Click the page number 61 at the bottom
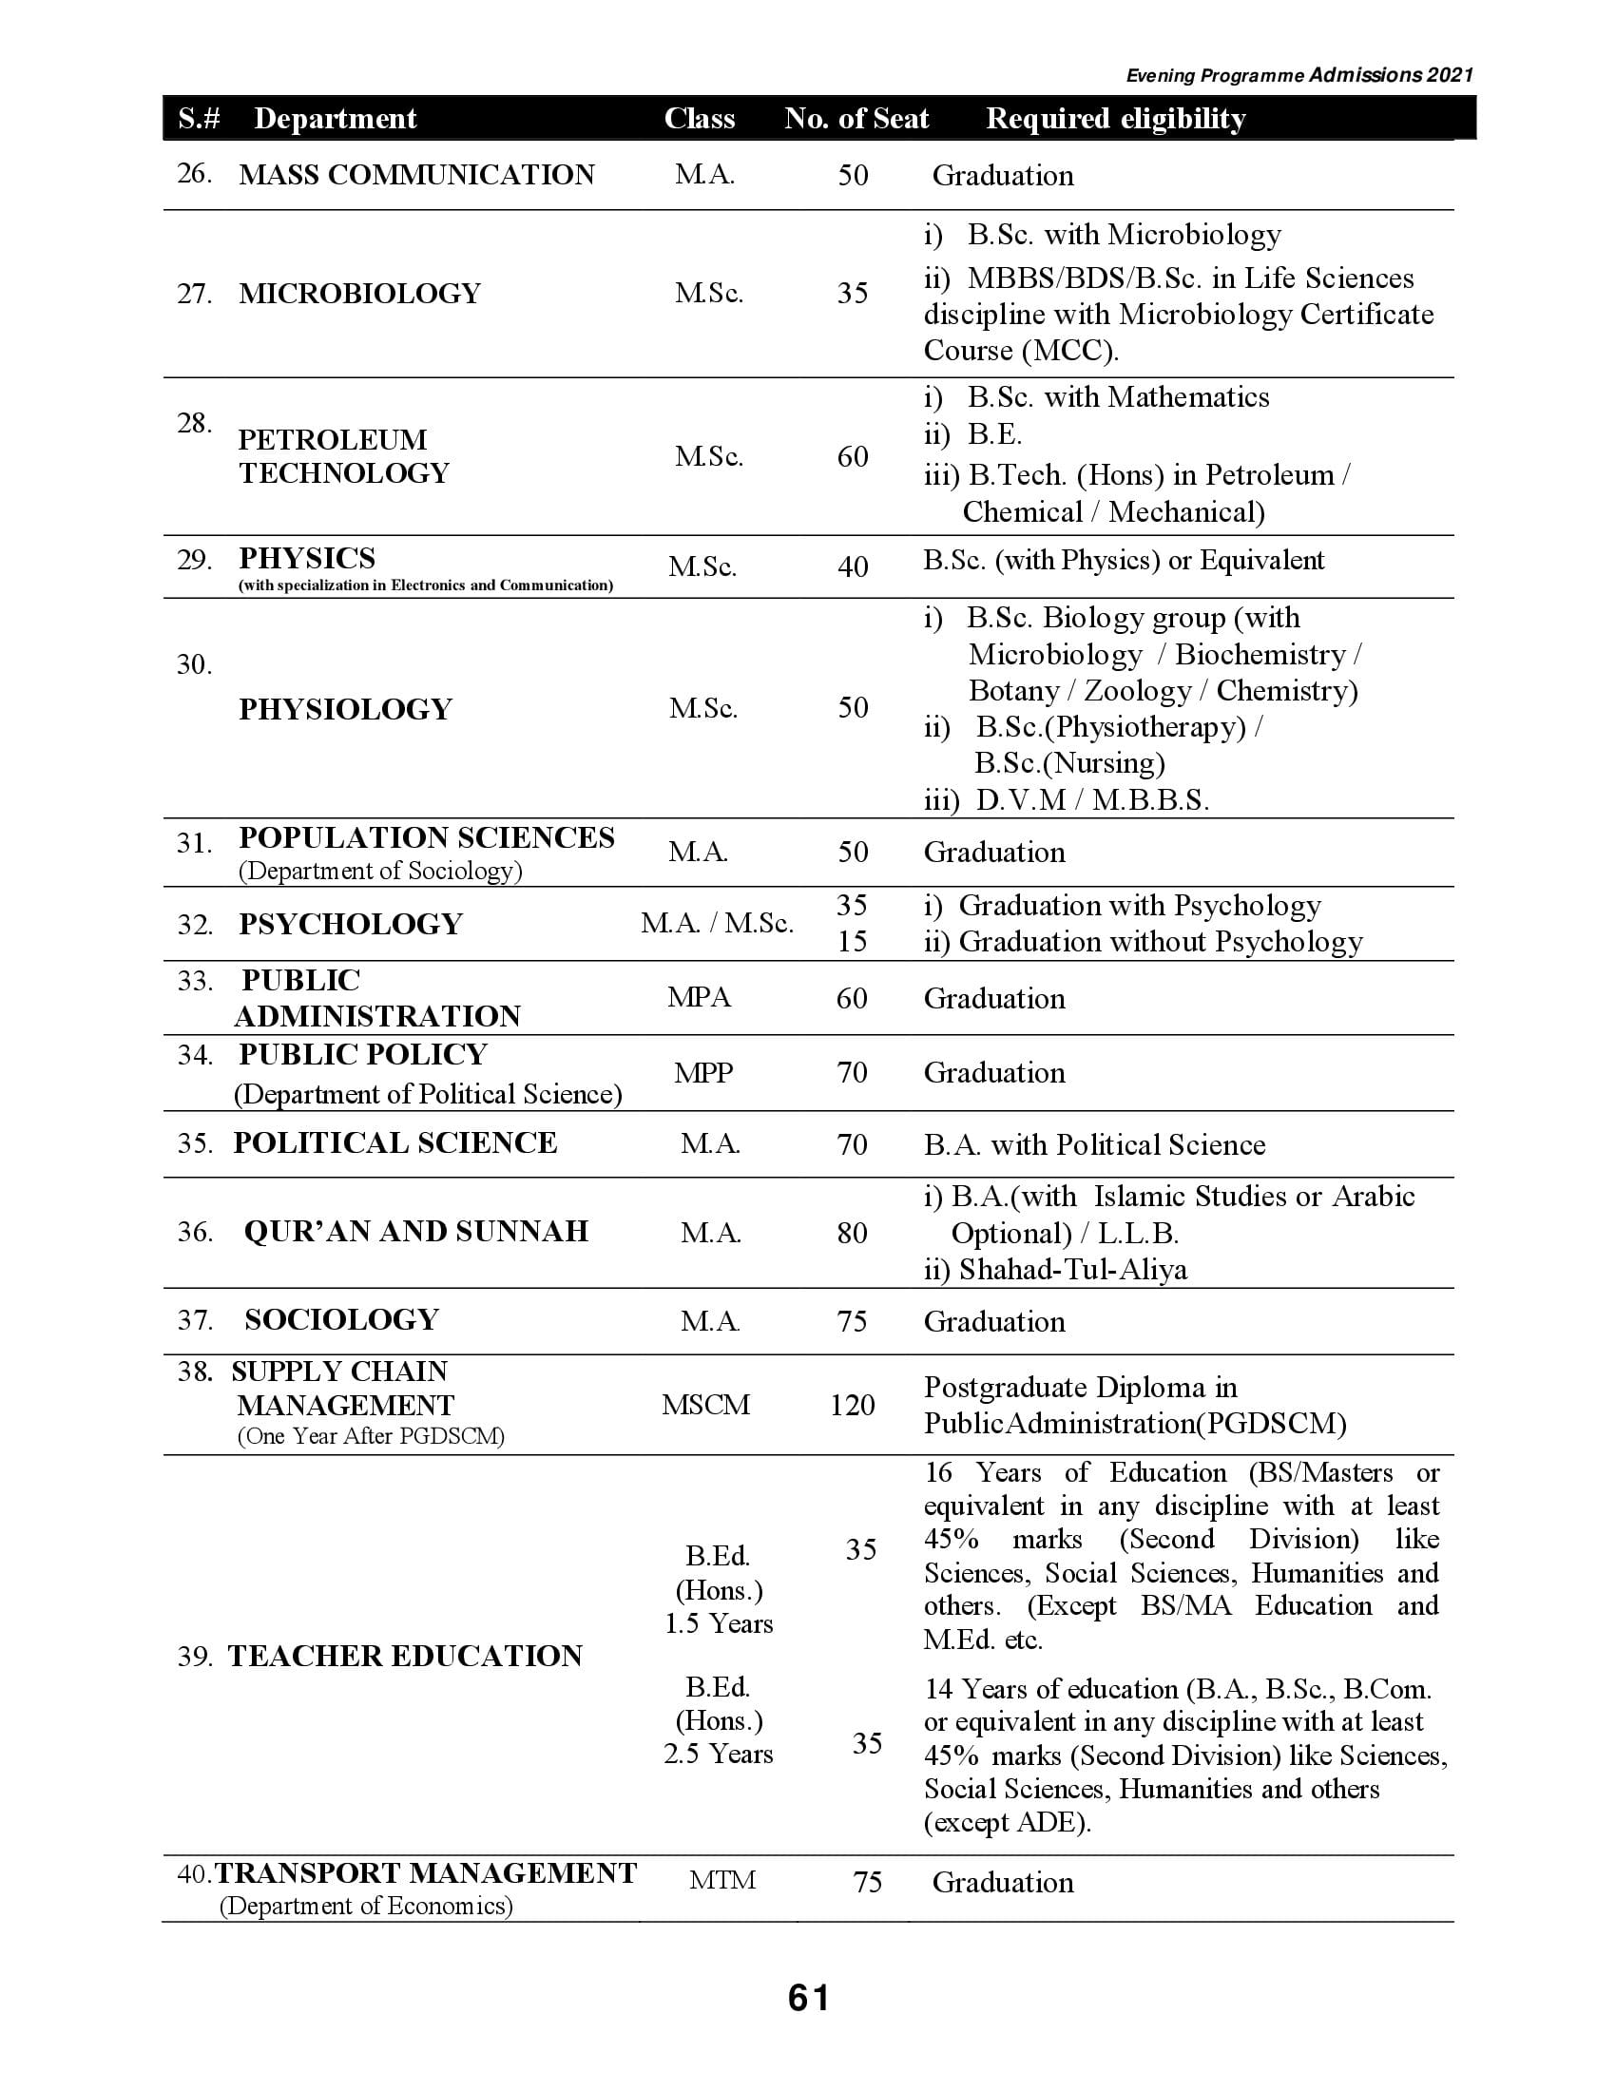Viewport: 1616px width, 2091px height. pos(809,1998)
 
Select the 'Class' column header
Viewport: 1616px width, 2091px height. pos(699,118)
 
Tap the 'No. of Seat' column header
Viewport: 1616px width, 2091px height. pos(856,118)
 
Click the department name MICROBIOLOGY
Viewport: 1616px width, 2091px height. pos(359,293)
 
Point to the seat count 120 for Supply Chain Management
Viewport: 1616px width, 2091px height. pos(852,1405)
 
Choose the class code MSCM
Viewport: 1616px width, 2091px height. pos(705,1405)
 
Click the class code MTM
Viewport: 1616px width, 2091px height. pos(721,1880)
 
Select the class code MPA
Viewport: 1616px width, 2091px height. pos(699,998)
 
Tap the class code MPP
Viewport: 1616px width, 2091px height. pos(702,1072)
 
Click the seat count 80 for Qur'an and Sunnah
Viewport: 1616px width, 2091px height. pos(852,1232)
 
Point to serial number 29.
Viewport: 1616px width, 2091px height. pos(194,560)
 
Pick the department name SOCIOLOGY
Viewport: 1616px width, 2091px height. pos(341,1319)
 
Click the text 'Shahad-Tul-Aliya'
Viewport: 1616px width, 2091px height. pos(1072,1270)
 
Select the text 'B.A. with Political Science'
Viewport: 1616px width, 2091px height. pos(1094,1144)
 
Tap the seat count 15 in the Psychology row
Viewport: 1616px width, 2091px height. pos(852,942)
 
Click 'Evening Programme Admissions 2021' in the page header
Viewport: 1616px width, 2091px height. pos(1299,76)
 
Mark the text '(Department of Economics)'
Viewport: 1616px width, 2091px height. pos(366,1906)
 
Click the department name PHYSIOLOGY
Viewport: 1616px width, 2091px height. pos(345,709)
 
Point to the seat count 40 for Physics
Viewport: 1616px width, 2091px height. pos(852,566)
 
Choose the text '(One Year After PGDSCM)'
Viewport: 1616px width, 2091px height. pos(371,1436)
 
